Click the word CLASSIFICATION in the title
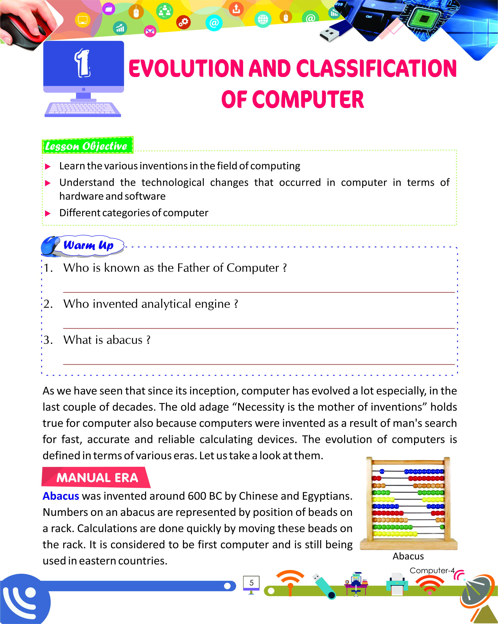tap(376, 69)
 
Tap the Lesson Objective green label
tap(87, 146)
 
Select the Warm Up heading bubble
tap(88, 245)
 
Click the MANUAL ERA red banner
tap(97, 478)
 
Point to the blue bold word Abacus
tap(61, 496)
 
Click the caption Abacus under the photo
tap(408, 556)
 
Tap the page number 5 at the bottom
tap(251, 583)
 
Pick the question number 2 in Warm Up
tap(48, 304)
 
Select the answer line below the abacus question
tap(259, 364)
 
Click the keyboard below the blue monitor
tap(83, 109)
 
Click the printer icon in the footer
tap(397, 584)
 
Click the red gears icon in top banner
tap(183, 22)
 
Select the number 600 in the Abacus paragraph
tap(197, 496)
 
